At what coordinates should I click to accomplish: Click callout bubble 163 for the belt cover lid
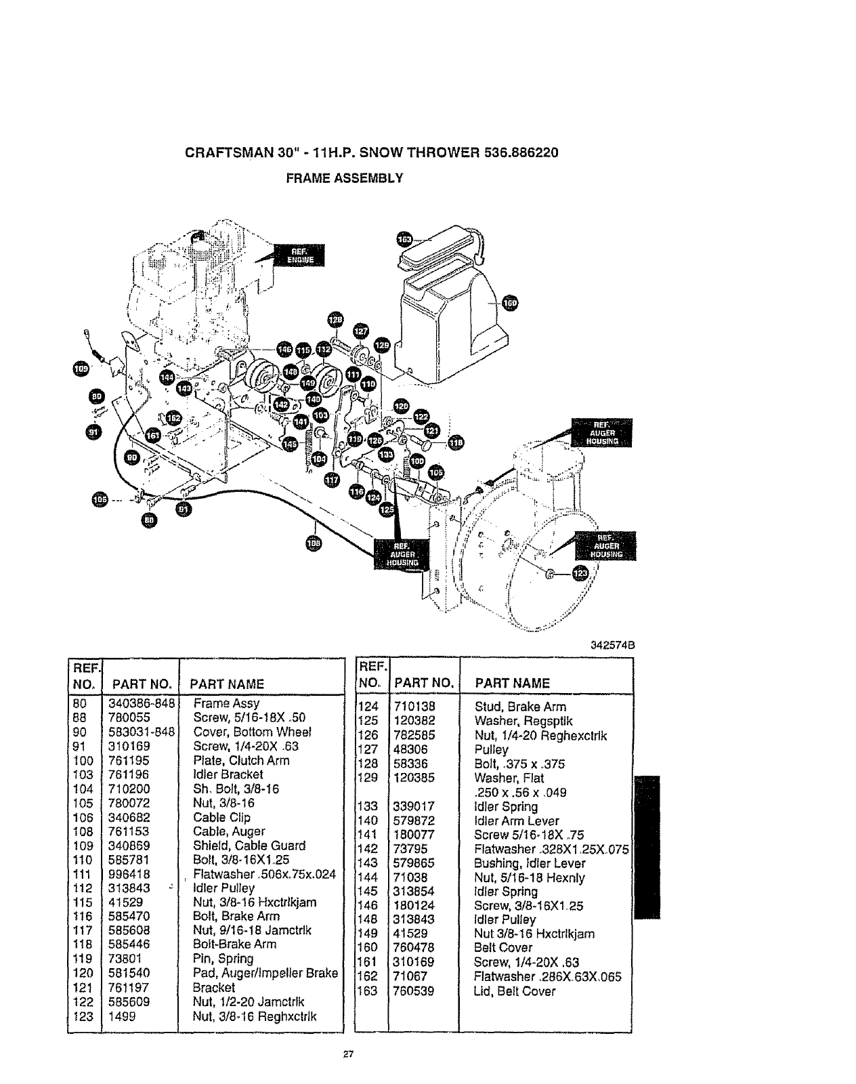coord(405,239)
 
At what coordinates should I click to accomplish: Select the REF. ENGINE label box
coord(299,256)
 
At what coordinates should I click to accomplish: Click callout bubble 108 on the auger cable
coord(314,543)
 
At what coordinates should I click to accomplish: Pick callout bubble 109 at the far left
coord(81,368)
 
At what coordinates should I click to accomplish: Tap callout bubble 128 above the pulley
coord(335,320)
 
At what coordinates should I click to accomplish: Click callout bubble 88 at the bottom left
coord(150,520)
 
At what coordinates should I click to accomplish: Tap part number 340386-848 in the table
coord(142,703)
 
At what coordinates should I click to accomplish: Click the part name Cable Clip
coord(221,817)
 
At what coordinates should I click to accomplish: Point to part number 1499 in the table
coord(123,1016)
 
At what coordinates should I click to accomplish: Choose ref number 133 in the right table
coord(369,806)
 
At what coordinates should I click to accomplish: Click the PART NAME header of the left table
coord(227,684)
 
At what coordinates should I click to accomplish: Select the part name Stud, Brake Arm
coord(520,707)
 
